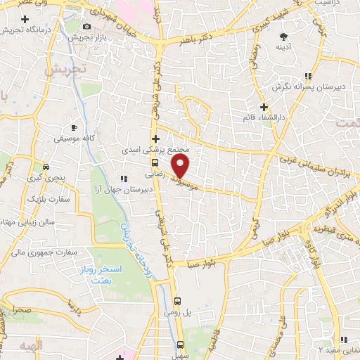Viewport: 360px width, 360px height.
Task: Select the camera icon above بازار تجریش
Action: [86, 25]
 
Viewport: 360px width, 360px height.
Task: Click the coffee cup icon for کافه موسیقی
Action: [74, 128]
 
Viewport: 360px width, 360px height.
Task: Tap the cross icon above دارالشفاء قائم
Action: [264, 108]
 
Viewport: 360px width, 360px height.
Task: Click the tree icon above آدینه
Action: [284, 36]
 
